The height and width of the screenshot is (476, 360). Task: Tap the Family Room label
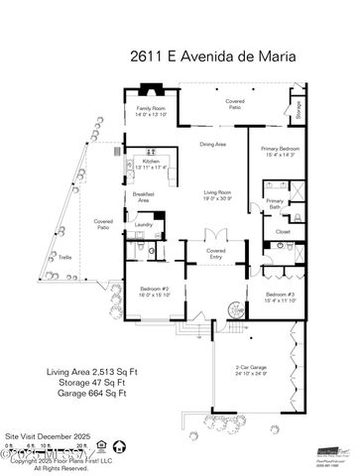coord(152,110)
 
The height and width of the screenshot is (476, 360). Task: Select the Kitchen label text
coord(151,163)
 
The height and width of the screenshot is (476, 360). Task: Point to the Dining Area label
coord(213,145)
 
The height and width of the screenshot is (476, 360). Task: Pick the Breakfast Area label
coord(143,197)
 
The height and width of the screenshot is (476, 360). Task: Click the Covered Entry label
coord(215,254)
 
